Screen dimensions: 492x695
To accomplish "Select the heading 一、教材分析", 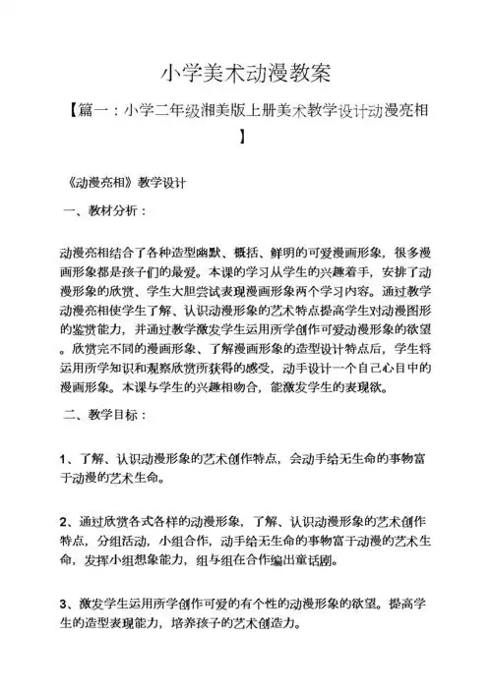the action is pyautogui.click(x=106, y=211).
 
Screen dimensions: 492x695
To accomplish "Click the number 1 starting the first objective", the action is pyautogui.click(x=64, y=459).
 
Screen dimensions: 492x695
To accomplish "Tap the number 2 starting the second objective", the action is pyautogui.click(x=64, y=518).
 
